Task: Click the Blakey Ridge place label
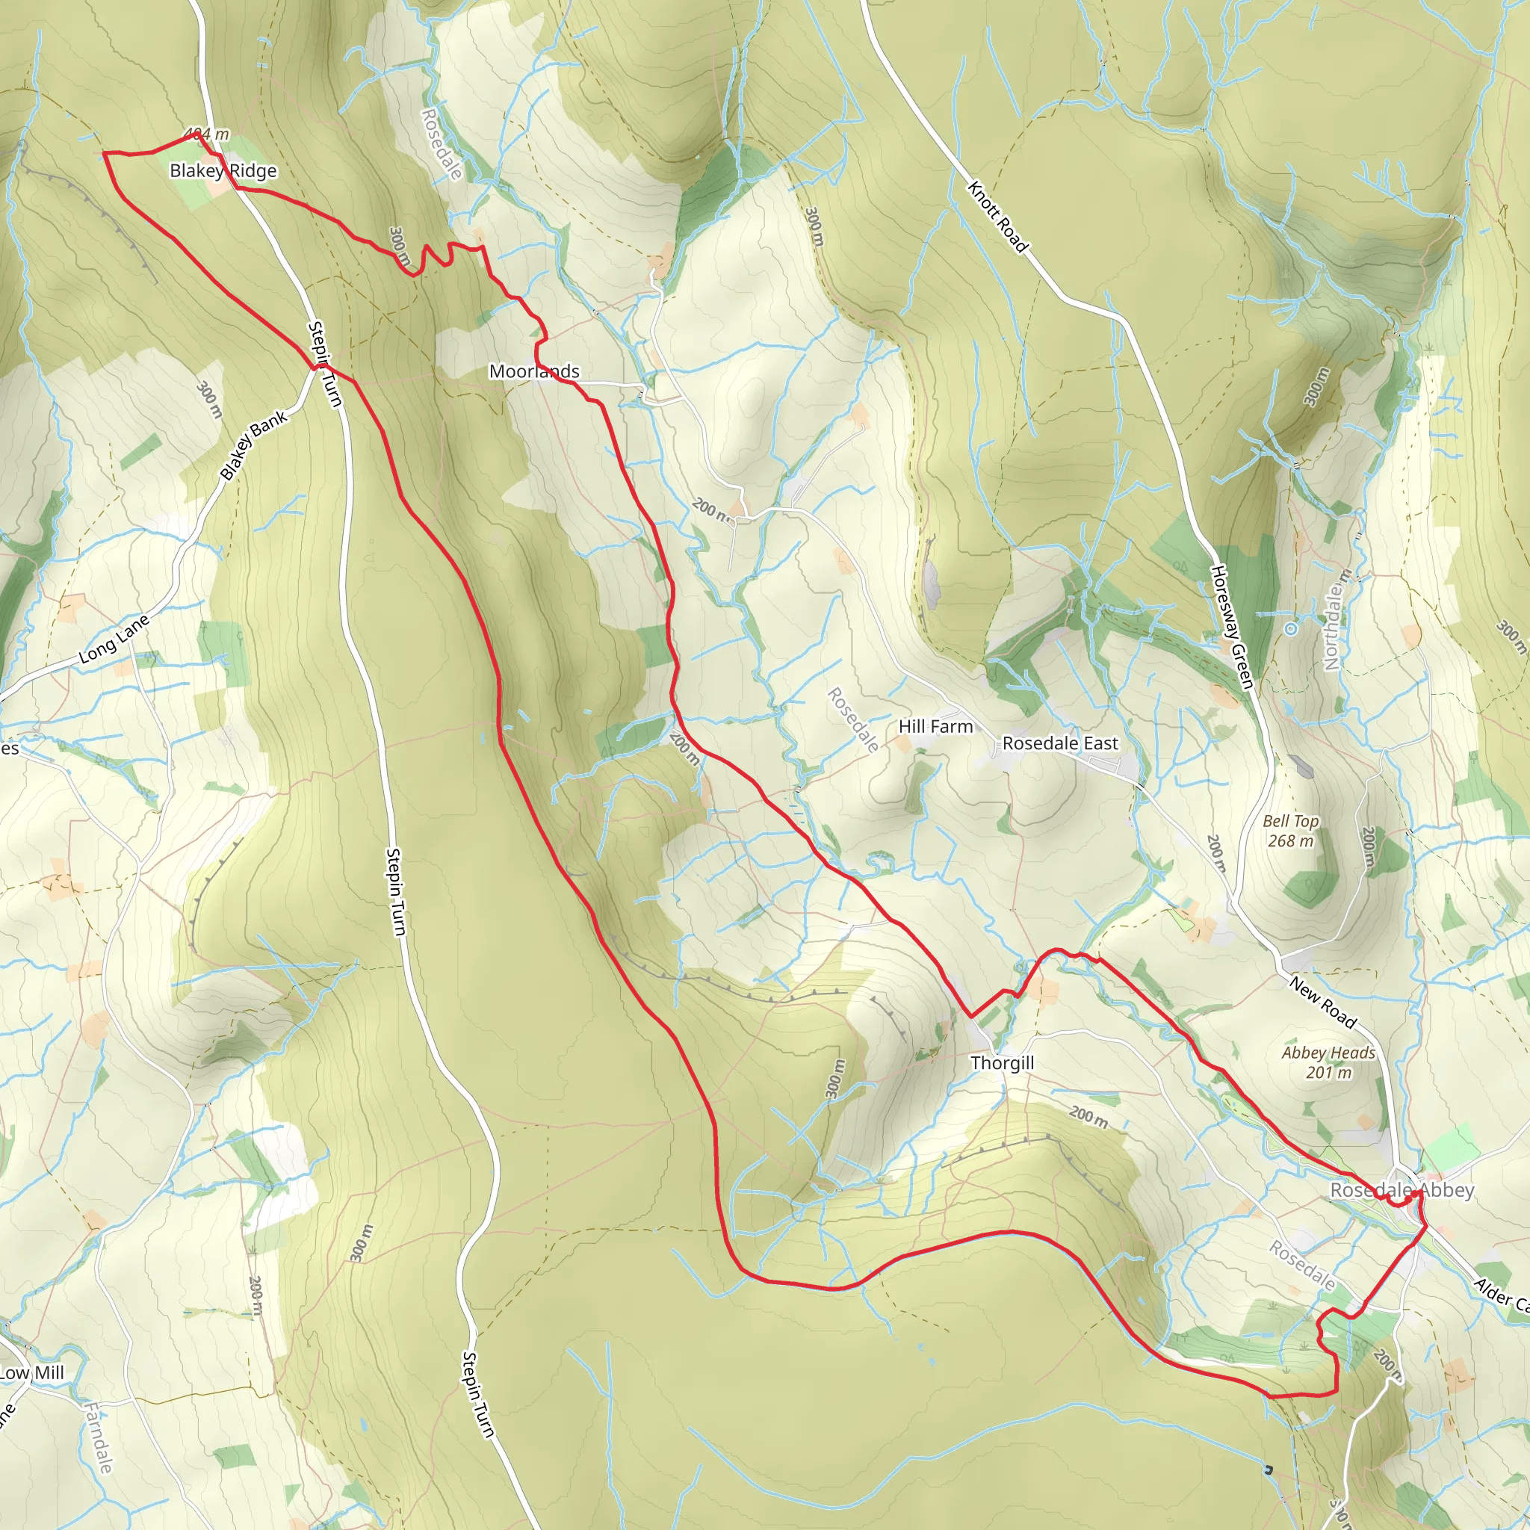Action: click(x=223, y=171)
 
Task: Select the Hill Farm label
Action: click(x=935, y=726)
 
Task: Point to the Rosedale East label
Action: click(x=1059, y=743)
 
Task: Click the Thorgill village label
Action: click(x=1002, y=1063)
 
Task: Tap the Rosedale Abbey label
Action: click(x=1402, y=1190)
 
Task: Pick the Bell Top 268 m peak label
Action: click(x=1290, y=831)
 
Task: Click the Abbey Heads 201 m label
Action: click(x=1328, y=1063)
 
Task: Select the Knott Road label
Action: click(x=997, y=217)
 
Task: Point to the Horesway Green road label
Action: click(x=1231, y=626)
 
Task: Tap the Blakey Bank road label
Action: click(x=253, y=445)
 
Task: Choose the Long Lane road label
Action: click(x=114, y=639)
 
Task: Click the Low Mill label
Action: click(x=31, y=1373)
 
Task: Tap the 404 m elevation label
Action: click(x=207, y=134)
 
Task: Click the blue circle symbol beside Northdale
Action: click(x=1291, y=629)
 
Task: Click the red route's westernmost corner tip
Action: click(x=104, y=152)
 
